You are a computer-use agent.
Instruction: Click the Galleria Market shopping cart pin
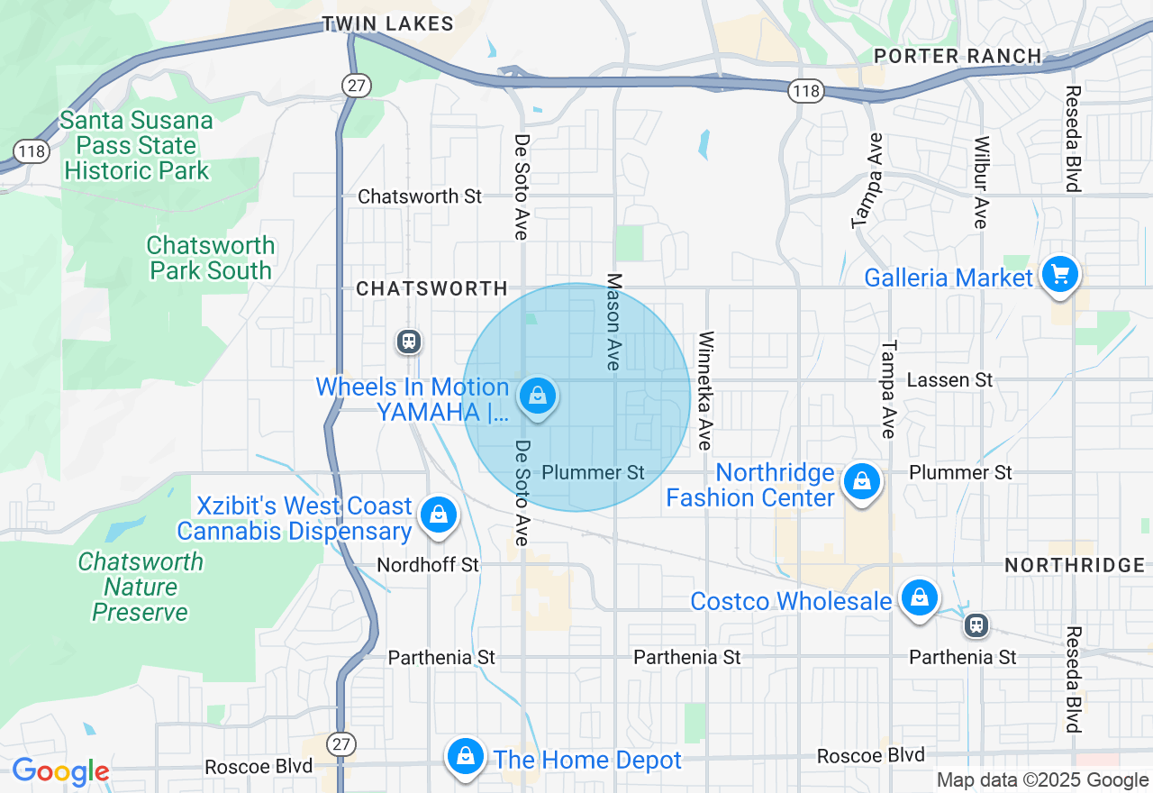pyautogui.click(x=1059, y=274)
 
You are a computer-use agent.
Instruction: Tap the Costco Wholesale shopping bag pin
pyautogui.click(x=919, y=598)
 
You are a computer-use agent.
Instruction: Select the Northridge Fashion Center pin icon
pyautogui.click(x=862, y=482)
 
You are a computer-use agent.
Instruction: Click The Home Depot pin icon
pyautogui.click(x=466, y=757)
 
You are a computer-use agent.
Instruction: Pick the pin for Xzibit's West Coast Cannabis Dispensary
pyautogui.click(x=438, y=515)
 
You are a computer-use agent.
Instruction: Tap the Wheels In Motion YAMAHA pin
pyautogui.click(x=538, y=396)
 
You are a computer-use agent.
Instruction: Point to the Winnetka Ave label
pyautogui.click(x=705, y=389)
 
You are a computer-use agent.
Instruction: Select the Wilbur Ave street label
pyautogui.click(x=981, y=182)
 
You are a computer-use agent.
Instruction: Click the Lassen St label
pyautogui.click(x=949, y=380)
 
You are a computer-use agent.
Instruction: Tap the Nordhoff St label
pyautogui.click(x=428, y=565)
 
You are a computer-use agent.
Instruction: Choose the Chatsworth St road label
pyautogui.click(x=420, y=196)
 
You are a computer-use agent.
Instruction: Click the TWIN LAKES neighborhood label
pyautogui.click(x=388, y=24)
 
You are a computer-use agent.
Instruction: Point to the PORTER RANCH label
pyautogui.click(x=958, y=56)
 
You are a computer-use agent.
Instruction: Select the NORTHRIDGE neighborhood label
pyautogui.click(x=1075, y=565)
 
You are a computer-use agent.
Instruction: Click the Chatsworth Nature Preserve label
pyautogui.click(x=141, y=587)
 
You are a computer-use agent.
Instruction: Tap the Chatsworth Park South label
pyautogui.click(x=211, y=258)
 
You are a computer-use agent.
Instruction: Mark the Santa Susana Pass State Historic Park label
pyautogui.click(x=137, y=145)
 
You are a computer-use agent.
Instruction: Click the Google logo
pyautogui.click(x=60, y=772)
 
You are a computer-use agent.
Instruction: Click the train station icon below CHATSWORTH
pyautogui.click(x=409, y=342)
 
